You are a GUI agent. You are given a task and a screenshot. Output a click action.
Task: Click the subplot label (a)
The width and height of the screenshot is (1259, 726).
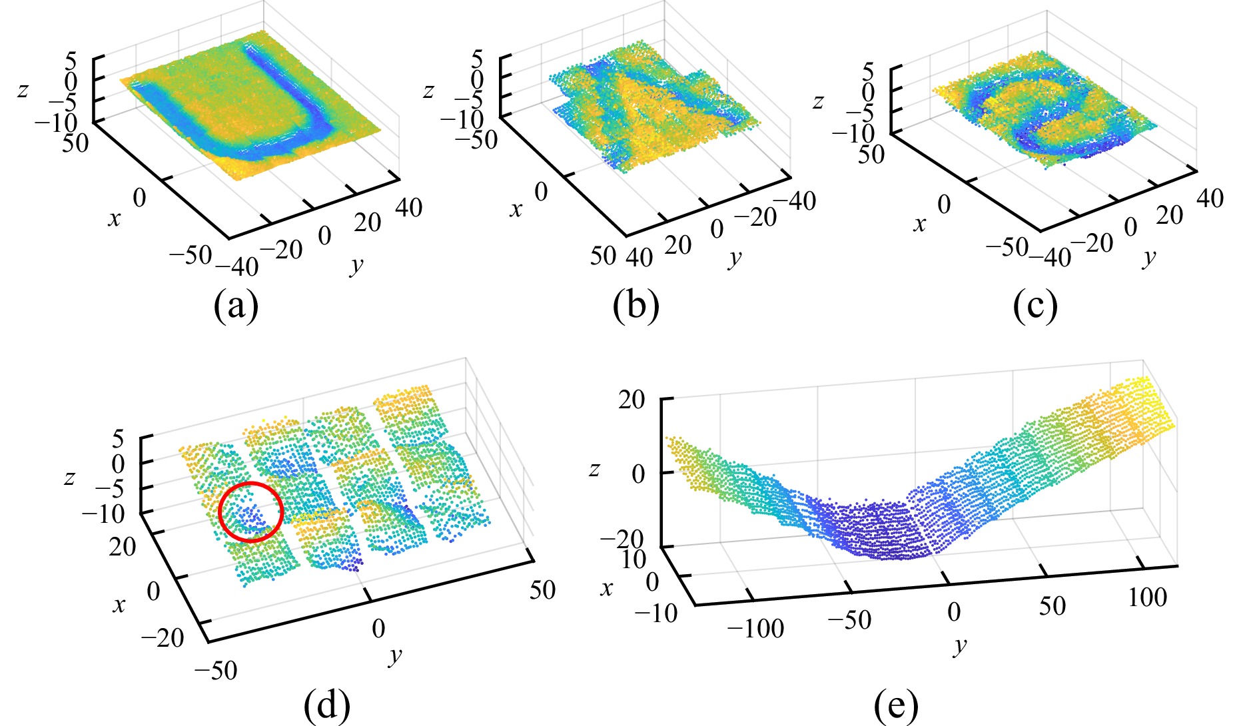pyautogui.click(x=236, y=306)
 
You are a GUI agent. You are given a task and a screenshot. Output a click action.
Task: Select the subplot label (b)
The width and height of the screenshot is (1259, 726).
pyautogui.click(x=636, y=306)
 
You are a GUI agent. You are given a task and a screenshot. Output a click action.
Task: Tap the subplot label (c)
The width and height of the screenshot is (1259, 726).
pyautogui.click(x=1035, y=306)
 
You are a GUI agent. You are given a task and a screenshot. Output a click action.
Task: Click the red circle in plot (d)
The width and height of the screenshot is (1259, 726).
pyautogui.click(x=250, y=512)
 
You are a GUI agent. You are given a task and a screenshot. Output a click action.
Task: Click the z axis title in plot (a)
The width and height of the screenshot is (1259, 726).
pyautogui.click(x=23, y=89)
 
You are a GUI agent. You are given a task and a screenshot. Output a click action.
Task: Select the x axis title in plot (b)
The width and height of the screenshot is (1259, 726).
pyautogui.click(x=516, y=210)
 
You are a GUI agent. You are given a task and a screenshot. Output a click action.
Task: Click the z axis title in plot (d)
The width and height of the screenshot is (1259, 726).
pyautogui.click(x=69, y=477)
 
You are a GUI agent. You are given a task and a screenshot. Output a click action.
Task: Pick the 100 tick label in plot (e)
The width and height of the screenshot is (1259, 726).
pyautogui.click(x=1147, y=597)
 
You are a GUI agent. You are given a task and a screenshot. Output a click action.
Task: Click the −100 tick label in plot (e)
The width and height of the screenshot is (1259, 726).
pyautogui.click(x=755, y=627)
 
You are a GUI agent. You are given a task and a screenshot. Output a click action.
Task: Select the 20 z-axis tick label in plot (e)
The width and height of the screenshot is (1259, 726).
pyautogui.click(x=631, y=400)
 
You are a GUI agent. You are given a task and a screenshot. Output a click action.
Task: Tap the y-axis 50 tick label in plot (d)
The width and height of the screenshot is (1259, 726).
pyautogui.click(x=542, y=589)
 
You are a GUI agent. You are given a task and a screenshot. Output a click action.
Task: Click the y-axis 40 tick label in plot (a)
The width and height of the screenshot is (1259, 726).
pyautogui.click(x=408, y=208)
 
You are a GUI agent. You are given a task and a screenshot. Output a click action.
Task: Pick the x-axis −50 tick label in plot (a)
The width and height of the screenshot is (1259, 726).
pyautogui.click(x=190, y=254)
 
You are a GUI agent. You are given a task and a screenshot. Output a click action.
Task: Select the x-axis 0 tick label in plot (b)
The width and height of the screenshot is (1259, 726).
pyautogui.click(x=541, y=192)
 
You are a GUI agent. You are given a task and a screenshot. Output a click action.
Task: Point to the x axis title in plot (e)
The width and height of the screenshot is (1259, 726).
pyautogui.click(x=606, y=589)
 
